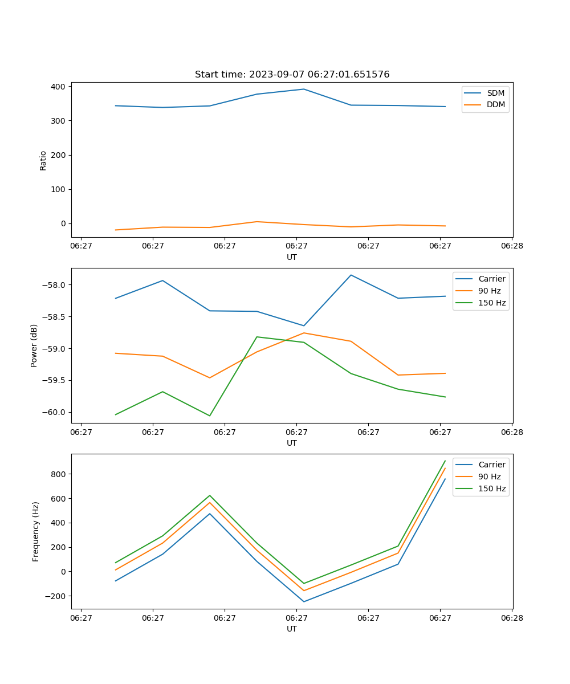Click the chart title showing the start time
coord(292,75)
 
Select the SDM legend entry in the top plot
coord(495,93)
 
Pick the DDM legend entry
coord(495,104)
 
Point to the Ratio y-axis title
coord(43,160)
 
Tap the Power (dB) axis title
coord(35,345)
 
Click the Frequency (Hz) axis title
coord(36,531)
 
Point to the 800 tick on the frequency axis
coord(59,474)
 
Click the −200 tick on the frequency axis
coord(56,596)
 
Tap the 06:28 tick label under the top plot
coord(512,246)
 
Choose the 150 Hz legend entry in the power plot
coord(492,303)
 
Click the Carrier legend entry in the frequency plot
coord(492,465)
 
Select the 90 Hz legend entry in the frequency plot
coord(490,477)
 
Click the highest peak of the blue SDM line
coord(304,89)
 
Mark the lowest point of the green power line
coord(210,416)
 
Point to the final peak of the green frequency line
coord(445,461)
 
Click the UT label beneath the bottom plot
coord(292,629)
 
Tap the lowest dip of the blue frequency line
coord(304,601)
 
